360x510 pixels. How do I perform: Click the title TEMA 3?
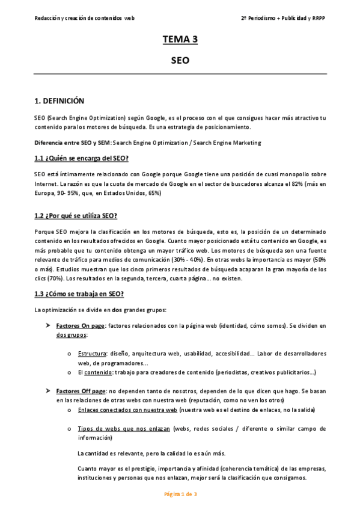(x=180, y=40)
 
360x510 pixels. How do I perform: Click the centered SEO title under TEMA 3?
(x=180, y=61)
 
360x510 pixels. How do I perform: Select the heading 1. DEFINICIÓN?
(x=59, y=101)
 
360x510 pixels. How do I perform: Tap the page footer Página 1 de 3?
(x=180, y=494)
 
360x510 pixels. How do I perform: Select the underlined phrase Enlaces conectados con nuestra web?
(x=127, y=410)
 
